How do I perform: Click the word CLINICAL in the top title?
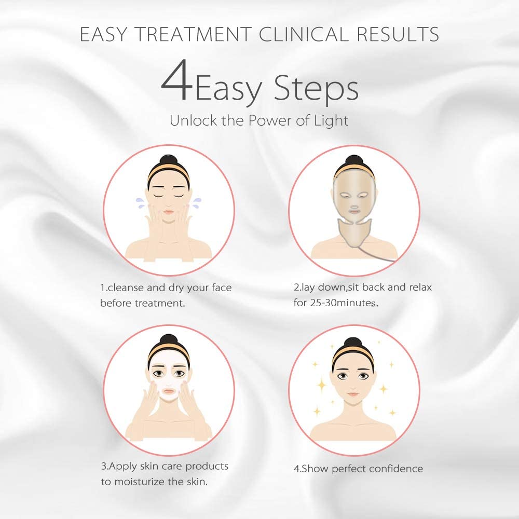click(x=304, y=34)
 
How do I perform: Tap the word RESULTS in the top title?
click(x=398, y=34)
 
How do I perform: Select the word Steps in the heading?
click(x=316, y=88)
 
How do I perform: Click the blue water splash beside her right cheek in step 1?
click(x=140, y=202)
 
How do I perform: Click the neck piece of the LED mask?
click(x=354, y=231)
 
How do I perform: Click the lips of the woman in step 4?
click(x=353, y=394)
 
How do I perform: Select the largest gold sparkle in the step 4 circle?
click(x=321, y=385)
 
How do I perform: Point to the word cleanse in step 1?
click(x=126, y=288)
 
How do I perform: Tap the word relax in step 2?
click(x=420, y=287)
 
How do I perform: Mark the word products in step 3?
click(x=207, y=467)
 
